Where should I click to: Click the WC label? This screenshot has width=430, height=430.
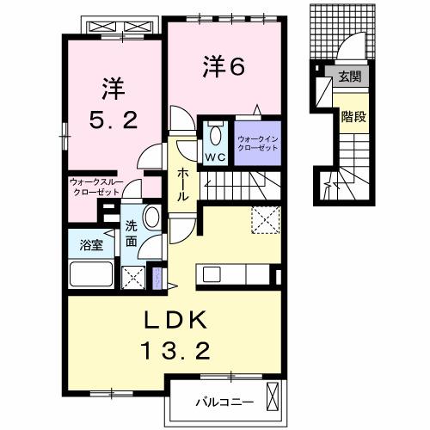(214, 157)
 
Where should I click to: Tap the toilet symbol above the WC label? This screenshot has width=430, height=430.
(214, 135)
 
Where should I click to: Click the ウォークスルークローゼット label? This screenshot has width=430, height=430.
(95, 187)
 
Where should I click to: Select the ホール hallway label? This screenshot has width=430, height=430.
(182, 184)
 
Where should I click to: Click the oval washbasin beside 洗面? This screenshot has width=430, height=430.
(150, 217)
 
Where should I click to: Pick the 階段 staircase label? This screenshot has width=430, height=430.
(353, 116)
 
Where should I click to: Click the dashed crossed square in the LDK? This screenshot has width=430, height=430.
(265, 219)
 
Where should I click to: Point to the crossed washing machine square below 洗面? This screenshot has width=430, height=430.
(133, 276)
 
